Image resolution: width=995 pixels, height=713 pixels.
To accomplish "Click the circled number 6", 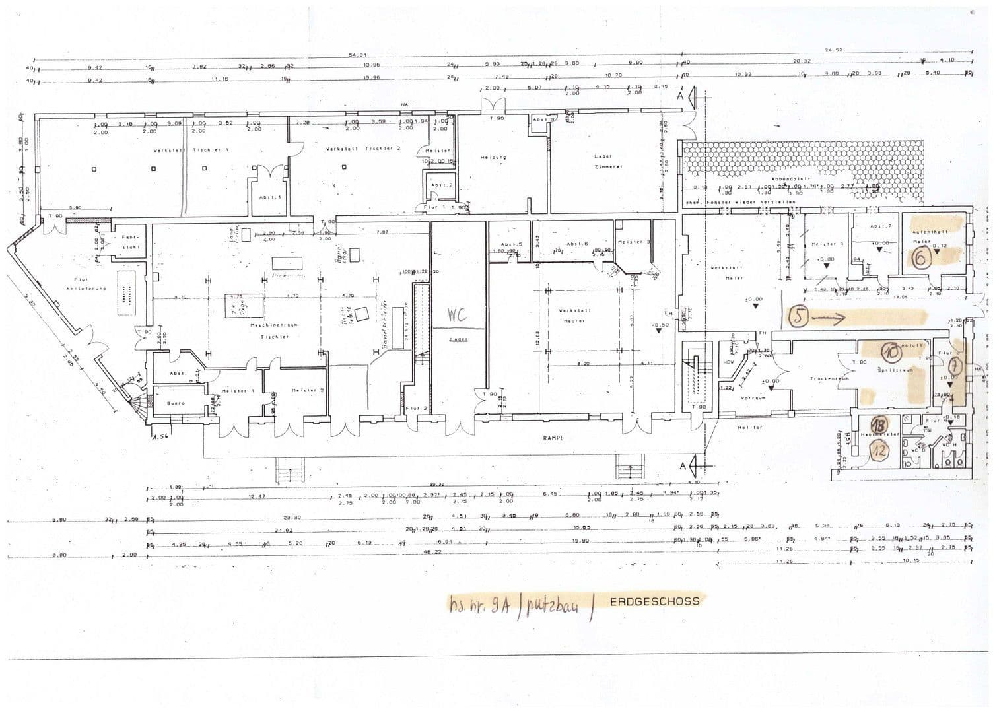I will [x=919, y=259].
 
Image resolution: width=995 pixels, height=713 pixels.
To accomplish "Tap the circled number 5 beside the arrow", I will [x=799, y=318].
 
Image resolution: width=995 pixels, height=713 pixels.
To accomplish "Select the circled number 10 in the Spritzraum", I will [x=891, y=353].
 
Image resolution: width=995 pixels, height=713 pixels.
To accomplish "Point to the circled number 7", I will [x=954, y=365].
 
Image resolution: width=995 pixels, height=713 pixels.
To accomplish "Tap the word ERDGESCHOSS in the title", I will [x=654, y=601].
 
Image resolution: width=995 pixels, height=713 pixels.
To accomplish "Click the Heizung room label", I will [x=493, y=157].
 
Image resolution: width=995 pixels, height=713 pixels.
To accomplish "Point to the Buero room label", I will [x=176, y=403].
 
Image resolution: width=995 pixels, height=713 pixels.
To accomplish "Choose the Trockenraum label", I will [x=823, y=379].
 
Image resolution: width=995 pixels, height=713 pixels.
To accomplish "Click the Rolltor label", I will [x=750, y=427].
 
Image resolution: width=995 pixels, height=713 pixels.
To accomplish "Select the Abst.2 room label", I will [x=440, y=185].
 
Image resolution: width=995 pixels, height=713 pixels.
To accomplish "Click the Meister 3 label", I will [x=634, y=242].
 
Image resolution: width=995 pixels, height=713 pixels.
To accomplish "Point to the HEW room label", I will [x=729, y=362].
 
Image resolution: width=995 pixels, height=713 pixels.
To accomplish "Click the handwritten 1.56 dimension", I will [x=158, y=436].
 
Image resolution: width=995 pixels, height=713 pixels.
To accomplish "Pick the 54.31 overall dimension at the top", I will [x=357, y=55].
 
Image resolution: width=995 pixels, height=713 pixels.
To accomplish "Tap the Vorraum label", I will [x=753, y=398].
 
